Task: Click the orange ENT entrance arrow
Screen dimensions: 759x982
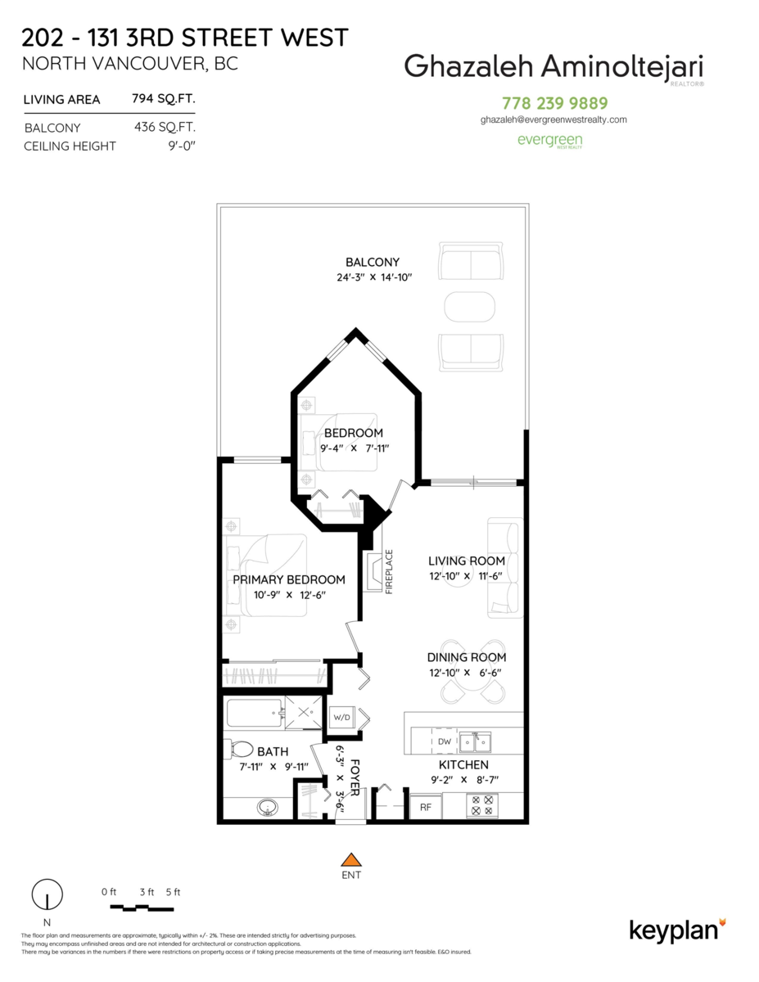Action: [x=350, y=859]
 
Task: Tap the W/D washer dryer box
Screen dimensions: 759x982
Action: [x=341, y=717]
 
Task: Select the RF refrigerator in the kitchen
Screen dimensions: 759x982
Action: [x=426, y=807]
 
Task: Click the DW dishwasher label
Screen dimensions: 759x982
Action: [x=445, y=741]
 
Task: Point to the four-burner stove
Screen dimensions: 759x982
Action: [x=482, y=805]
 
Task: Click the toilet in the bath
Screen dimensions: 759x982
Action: [x=241, y=750]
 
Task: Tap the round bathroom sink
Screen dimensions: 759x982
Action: [x=268, y=807]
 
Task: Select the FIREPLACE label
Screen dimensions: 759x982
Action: [x=389, y=571]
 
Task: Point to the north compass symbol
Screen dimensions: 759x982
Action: [x=47, y=894]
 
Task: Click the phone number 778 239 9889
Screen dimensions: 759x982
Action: [x=554, y=103]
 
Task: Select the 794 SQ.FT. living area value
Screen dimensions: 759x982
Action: [x=164, y=98]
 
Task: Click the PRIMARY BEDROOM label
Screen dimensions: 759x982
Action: [x=289, y=580]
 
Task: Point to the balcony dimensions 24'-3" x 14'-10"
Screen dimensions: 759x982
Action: [x=374, y=277]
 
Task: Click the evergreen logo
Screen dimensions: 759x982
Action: [x=549, y=141]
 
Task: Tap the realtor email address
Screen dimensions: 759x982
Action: [x=553, y=119]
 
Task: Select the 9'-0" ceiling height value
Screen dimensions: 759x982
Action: [x=182, y=146]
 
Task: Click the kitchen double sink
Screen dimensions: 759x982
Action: [x=475, y=742]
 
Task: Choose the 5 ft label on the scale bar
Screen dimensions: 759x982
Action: [x=173, y=892]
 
